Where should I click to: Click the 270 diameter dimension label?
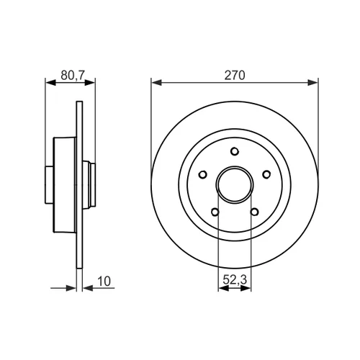[235, 75]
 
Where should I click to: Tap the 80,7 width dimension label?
[73, 75]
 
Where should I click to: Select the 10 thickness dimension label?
[104, 281]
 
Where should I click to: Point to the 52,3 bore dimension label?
[235, 279]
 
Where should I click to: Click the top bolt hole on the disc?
[235, 151]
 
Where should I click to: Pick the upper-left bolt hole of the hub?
[203, 174]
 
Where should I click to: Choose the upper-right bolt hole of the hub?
[266, 174]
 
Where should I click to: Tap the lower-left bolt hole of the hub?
[215, 212]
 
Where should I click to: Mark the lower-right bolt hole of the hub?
[254, 212]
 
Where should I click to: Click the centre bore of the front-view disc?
[235, 185]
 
